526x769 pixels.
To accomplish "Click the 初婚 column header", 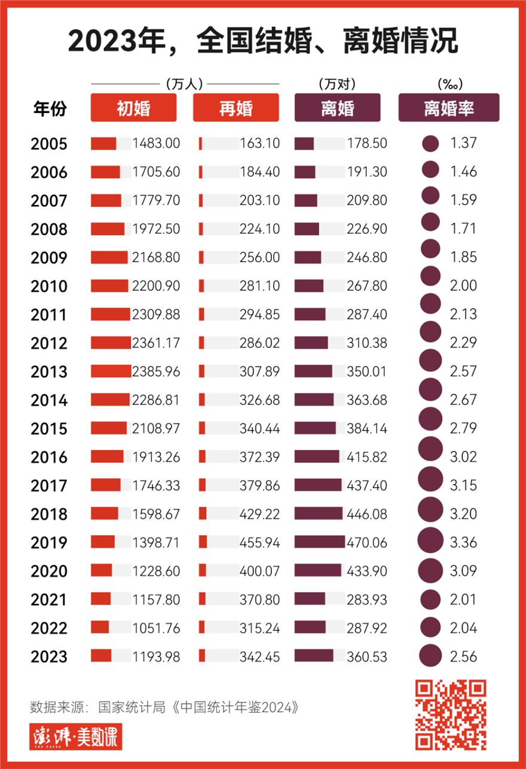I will point(133,108).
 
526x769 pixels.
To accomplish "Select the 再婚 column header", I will point(236,108).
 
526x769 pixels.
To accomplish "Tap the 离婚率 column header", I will point(448,108).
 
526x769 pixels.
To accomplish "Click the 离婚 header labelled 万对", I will point(337,108).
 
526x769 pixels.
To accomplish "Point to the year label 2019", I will point(49,543).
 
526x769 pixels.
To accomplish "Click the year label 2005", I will point(49,144).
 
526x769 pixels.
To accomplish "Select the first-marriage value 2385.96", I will point(156,371).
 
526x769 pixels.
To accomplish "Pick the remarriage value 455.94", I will point(259,542).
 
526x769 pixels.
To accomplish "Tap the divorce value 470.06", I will point(367,542).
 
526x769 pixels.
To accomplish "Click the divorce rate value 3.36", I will point(464,542).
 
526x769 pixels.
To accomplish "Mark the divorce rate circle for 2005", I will point(430,144).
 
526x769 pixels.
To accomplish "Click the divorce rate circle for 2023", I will point(430,656).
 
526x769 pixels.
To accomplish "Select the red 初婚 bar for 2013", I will point(111,371).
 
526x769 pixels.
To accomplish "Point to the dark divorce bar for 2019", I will point(319,542).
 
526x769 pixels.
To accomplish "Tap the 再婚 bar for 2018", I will point(203,514).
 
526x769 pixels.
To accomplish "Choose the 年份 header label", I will point(49,109).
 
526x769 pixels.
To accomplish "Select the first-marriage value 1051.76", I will point(156,628).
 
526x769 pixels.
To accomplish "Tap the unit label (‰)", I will point(449,84).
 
